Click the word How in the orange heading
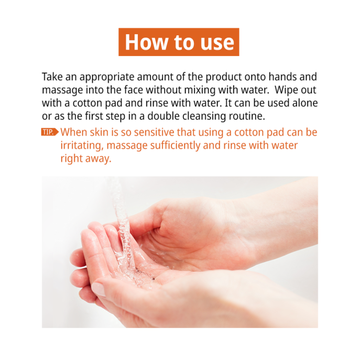point(147,42)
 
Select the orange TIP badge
point(50,132)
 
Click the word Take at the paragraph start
point(52,77)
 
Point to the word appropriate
point(107,78)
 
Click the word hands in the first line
point(282,77)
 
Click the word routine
point(247,116)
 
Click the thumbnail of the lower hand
point(99,289)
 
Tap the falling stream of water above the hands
point(122,221)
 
